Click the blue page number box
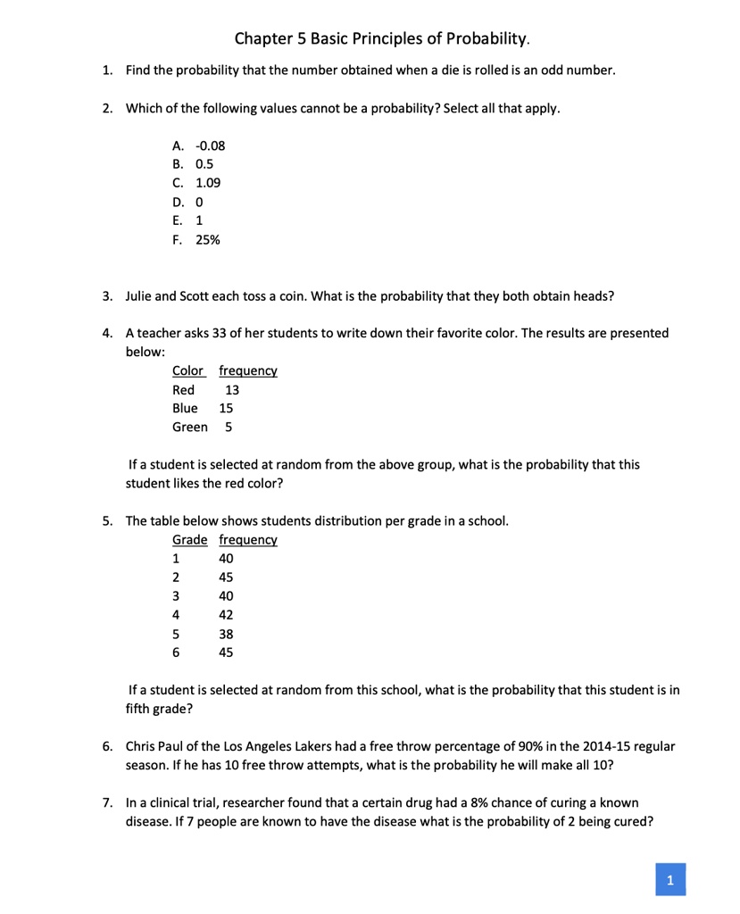click(670, 879)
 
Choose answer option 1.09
click(208, 183)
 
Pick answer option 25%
click(208, 240)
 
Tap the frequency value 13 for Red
click(232, 389)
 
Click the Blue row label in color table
click(185, 408)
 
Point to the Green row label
click(189, 427)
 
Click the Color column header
click(187, 370)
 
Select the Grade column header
click(189, 540)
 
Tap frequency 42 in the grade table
click(226, 614)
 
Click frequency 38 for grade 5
click(226, 634)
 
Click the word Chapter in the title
click(262, 38)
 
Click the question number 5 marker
click(106, 521)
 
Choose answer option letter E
click(177, 220)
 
